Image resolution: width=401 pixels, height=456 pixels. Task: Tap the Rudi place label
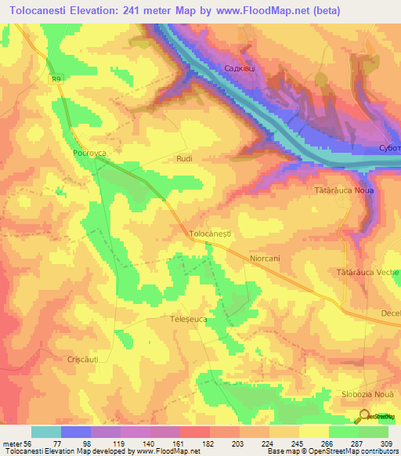click(x=184, y=158)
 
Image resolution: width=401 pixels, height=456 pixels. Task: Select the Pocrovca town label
click(x=88, y=154)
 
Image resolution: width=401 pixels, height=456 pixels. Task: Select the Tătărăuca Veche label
click(x=367, y=272)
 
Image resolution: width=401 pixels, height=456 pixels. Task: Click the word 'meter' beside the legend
click(x=12, y=443)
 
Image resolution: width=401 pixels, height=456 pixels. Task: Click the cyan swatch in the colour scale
click(x=46, y=432)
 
